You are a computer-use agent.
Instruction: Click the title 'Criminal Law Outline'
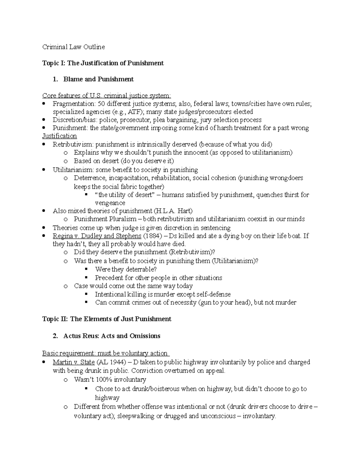coord(73,47)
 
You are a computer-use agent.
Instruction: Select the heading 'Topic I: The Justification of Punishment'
coord(103,63)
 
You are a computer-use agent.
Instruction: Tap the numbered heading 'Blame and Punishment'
coord(98,79)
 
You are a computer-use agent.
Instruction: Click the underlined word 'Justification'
coord(59,136)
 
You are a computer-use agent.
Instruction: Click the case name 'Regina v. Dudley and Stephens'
coord(97,236)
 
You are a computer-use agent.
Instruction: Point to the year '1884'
coord(153,236)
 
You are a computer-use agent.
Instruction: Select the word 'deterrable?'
coord(141,269)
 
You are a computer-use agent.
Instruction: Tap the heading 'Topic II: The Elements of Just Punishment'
coord(107,319)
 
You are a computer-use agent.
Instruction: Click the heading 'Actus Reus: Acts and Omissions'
coord(112,336)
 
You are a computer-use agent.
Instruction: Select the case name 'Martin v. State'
coord(74,362)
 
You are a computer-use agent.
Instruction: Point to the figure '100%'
coord(102,380)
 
